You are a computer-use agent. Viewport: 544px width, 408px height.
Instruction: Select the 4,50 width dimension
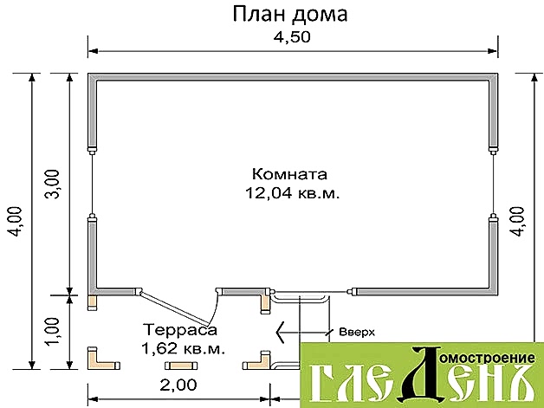tap(292, 36)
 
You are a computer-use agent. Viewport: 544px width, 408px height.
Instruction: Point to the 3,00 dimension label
tap(53, 184)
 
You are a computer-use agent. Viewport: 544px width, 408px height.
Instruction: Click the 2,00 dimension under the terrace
tap(178, 385)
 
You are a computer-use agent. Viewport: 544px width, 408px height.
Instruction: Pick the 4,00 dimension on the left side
tap(16, 222)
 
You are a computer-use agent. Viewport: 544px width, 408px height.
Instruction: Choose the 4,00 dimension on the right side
tap(516, 222)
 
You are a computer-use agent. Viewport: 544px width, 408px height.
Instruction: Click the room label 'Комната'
tap(289, 173)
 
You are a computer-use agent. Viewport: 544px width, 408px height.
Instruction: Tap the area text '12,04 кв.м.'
tap(293, 193)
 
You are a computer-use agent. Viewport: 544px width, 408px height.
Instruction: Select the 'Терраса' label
tap(180, 329)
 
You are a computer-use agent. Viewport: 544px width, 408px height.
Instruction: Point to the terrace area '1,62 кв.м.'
tap(183, 349)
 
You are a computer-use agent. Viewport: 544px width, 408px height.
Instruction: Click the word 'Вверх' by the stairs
tap(357, 332)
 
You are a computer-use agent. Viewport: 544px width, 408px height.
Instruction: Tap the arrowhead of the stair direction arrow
tap(281, 333)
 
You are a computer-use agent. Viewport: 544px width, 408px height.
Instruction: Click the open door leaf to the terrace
tap(174, 307)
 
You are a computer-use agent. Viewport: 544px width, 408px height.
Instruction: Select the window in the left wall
tap(93, 184)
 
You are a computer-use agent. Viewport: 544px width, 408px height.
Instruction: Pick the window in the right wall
tap(493, 184)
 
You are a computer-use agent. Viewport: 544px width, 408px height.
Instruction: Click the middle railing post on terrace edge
tap(181, 366)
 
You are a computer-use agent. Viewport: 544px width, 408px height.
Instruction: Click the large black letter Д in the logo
tap(420, 372)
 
